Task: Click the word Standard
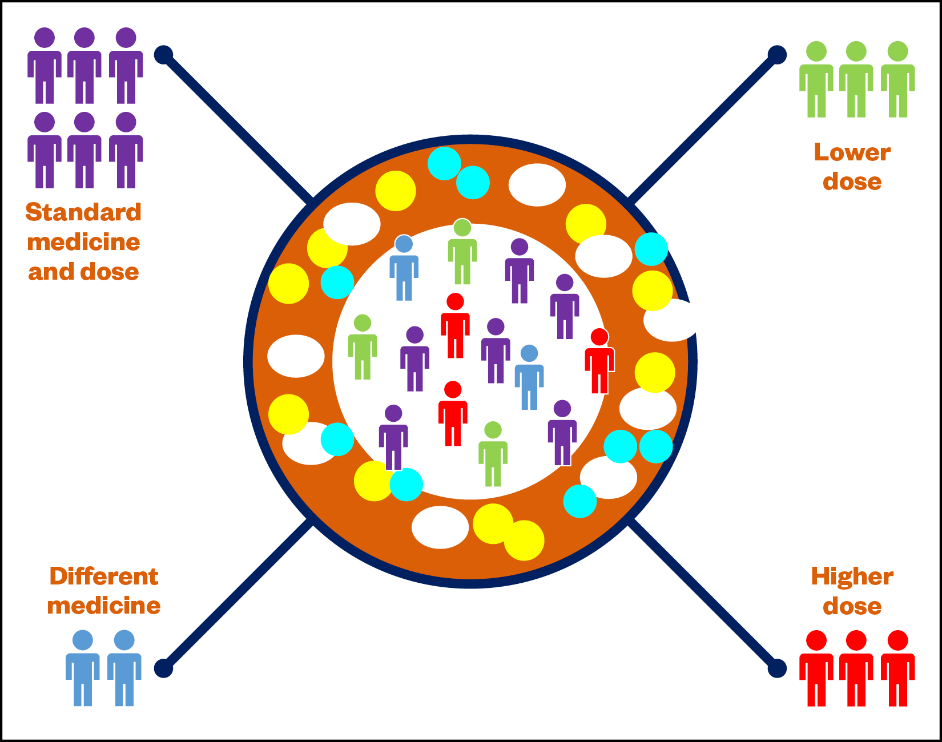point(83,212)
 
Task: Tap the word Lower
point(852,152)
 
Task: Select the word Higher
point(852,576)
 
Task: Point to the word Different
point(103,576)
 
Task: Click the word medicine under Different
point(103,606)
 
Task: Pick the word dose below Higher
point(852,606)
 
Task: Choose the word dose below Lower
point(852,182)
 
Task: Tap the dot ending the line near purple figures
point(163,55)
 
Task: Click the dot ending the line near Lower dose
point(776,55)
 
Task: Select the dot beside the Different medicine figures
point(163,668)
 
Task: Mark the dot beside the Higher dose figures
point(776,668)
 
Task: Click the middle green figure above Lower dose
point(856,80)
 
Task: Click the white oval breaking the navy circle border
point(671,320)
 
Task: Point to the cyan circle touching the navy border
point(651,249)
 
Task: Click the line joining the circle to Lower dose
point(702,129)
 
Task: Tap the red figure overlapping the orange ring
point(599,362)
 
